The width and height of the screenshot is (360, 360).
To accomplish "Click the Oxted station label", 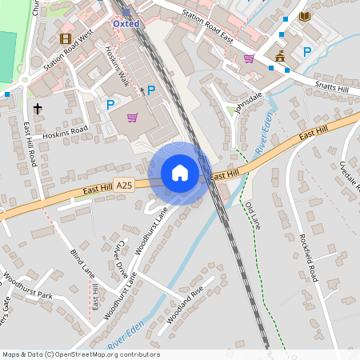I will [126, 24].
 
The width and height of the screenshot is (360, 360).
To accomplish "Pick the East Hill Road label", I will [30, 145].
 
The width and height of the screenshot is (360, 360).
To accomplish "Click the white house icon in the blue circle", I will [179, 173].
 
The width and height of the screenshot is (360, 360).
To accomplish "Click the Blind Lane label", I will [82, 261].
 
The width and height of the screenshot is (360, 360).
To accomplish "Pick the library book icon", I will [304, 16].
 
